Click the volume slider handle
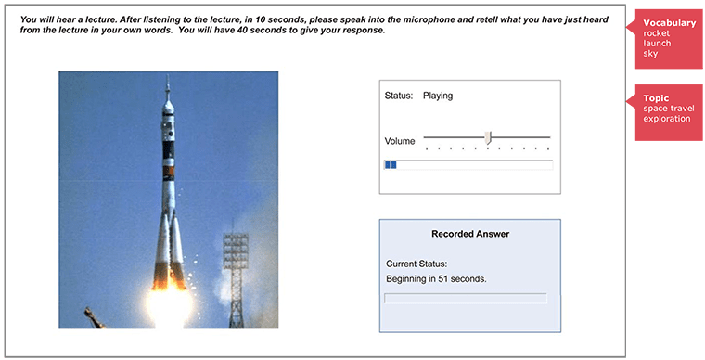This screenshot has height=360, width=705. [488, 139]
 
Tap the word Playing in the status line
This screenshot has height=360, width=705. [438, 96]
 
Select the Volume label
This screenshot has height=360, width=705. [400, 141]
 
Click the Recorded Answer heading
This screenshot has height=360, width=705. [470, 234]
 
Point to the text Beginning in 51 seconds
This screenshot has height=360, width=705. [436, 278]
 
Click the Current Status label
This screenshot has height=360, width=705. [417, 264]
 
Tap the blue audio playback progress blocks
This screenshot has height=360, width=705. [391, 164]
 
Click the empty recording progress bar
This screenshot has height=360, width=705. [466, 299]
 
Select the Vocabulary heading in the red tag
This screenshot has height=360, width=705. [669, 22]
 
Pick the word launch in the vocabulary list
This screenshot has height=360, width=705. [656, 44]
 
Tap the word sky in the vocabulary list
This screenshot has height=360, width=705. [650, 54]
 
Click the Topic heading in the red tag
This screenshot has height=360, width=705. [656, 98]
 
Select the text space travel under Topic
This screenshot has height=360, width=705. [666, 109]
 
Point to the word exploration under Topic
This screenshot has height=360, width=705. [667, 119]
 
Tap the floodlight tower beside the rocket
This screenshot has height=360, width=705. [236, 269]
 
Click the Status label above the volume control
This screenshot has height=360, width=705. [398, 96]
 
